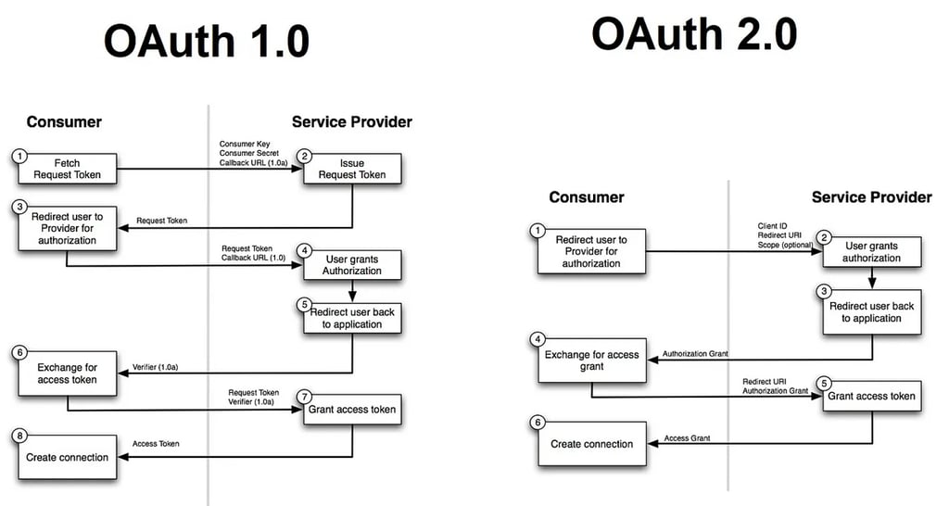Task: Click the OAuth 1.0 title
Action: click(x=206, y=42)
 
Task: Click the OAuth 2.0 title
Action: click(x=694, y=34)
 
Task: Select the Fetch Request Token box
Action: click(x=67, y=169)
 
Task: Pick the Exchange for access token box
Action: click(x=67, y=373)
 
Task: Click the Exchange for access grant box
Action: click(x=591, y=360)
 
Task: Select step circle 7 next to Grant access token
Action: click(x=303, y=396)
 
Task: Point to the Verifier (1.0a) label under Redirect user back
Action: click(x=156, y=368)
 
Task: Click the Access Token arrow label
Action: click(x=156, y=444)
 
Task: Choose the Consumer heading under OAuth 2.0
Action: click(x=586, y=197)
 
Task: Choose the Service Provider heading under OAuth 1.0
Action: click(x=351, y=121)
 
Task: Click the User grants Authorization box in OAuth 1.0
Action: click(x=351, y=264)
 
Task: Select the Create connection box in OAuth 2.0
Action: click(x=591, y=444)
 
